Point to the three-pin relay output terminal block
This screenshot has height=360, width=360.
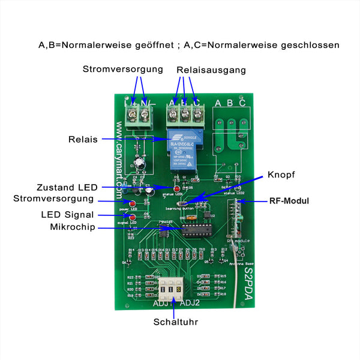click(185, 113)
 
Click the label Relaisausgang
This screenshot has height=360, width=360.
click(211, 70)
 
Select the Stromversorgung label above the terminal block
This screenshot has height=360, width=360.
click(122, 69)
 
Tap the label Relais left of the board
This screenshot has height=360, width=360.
click(83, 139)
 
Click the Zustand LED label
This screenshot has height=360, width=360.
click(67, 187)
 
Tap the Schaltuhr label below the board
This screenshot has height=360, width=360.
click(175, 322)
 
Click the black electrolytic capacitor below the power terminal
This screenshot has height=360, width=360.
click(139, 162)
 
